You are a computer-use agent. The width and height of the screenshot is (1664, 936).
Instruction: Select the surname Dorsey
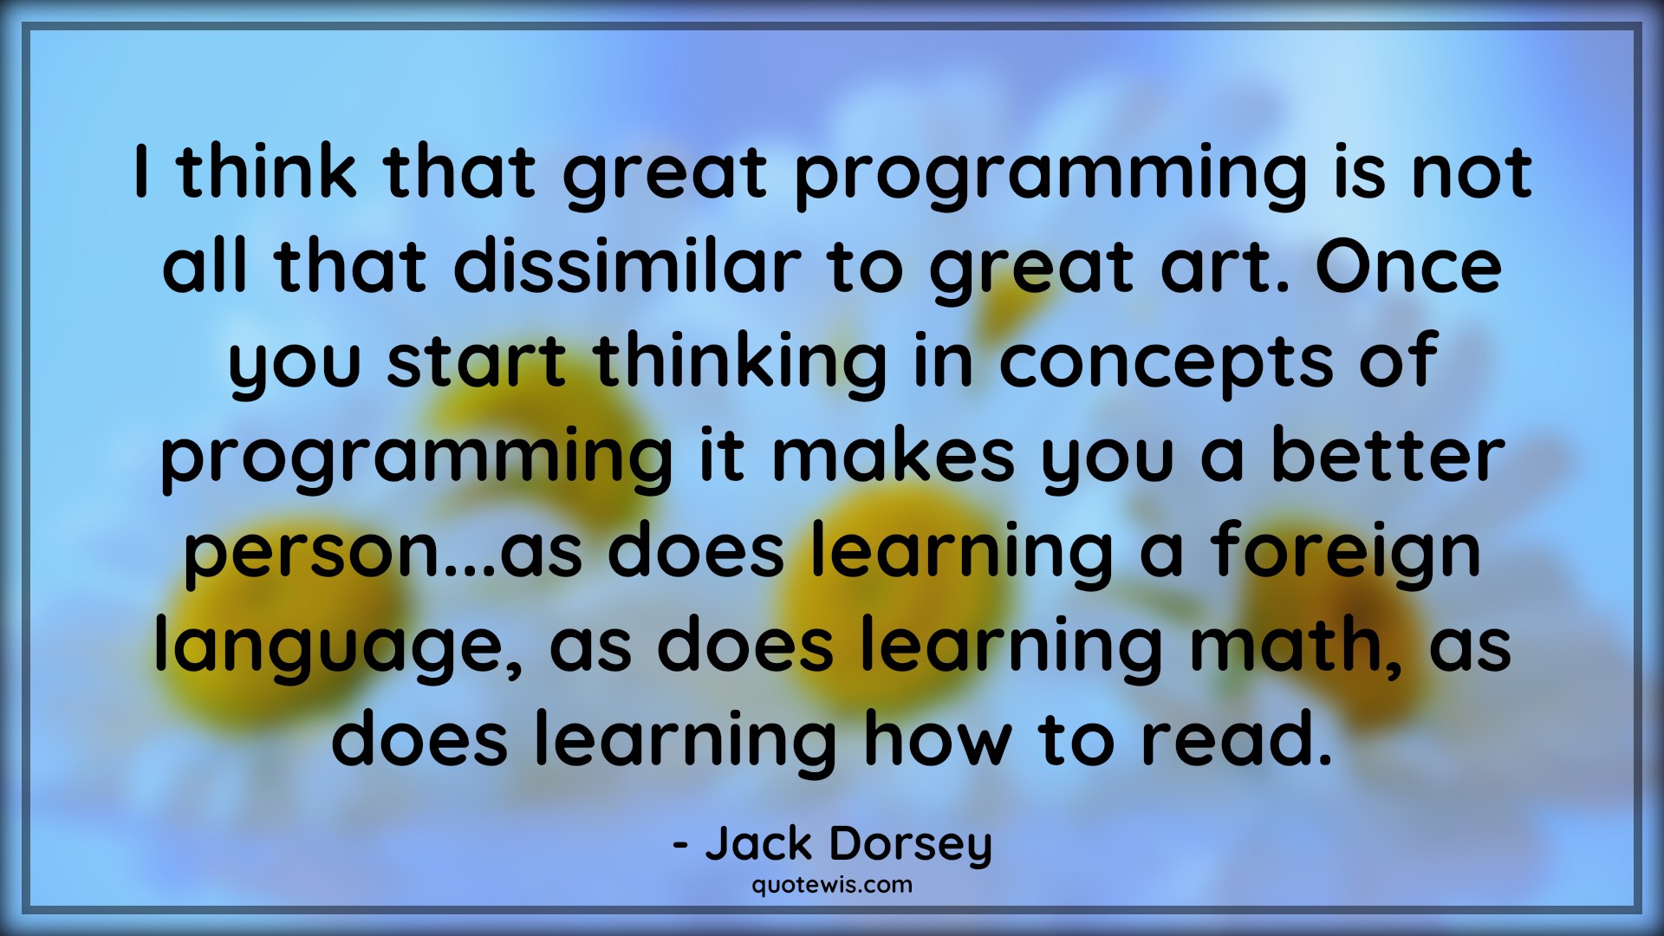pos(910,845)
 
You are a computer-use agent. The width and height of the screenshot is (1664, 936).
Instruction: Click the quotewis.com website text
pos(832,885)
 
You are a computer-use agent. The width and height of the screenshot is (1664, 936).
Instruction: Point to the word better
pos(1388,457)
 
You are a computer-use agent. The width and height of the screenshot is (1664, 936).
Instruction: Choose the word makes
pos(893,457)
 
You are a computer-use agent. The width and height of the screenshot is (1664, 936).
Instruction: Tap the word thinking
pos(741,362)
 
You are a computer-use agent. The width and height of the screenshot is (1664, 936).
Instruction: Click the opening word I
pos(142,172)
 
